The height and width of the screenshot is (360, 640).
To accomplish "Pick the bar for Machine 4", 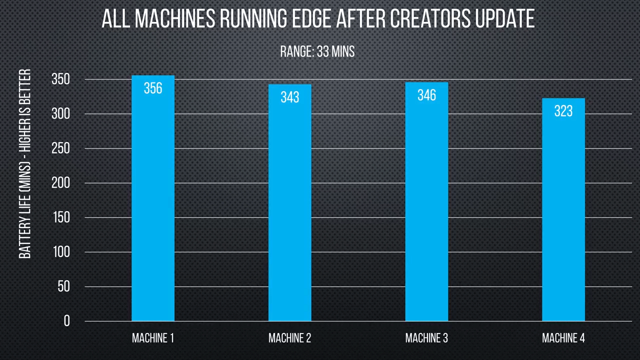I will tap(563, 210).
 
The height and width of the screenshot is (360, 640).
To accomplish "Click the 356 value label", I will tap(153, 88).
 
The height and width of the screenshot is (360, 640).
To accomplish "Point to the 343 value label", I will tap(289, 97).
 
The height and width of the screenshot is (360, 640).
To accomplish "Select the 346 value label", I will tap(426, 95).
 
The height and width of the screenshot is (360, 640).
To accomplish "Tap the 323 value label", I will tap(563, 111).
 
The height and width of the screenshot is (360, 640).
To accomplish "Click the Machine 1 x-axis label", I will tap(153, 338).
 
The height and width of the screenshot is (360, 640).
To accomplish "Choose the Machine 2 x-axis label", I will tap(289, 338).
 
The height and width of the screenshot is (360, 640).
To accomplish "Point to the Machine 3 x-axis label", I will tap(426, 338).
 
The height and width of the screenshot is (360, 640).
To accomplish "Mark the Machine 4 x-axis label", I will tap(563, 338).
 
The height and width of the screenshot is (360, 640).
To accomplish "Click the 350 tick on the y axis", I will tap(60, 79).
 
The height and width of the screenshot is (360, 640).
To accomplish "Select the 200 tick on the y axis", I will tap(60, 183).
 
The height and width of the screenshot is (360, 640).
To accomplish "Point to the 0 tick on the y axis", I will tap(67, 321).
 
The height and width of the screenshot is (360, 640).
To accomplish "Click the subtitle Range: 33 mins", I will tap(317, 51).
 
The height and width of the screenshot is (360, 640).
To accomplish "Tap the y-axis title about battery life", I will tap(25, 164).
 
